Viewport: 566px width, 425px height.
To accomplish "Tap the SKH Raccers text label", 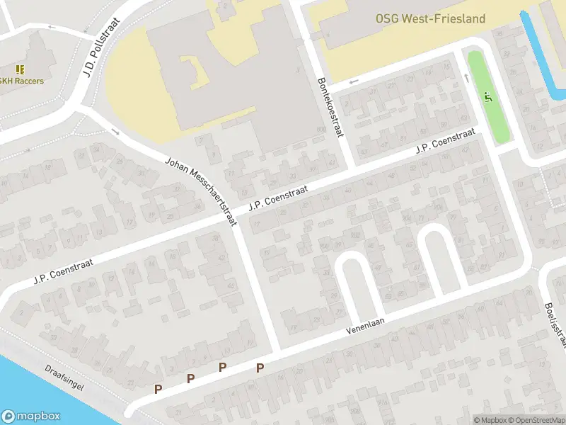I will click(21, 81).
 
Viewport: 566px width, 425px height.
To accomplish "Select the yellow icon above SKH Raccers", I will click(20, 69).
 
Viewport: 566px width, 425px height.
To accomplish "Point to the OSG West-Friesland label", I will click(430, 18).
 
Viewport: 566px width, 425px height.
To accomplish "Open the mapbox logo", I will click(31, 416).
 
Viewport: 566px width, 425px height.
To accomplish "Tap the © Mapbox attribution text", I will click(491, 420).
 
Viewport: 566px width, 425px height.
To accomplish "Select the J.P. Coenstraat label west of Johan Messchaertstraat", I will click(64, 271).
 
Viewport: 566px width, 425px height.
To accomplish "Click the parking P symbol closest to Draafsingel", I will click(158, 389).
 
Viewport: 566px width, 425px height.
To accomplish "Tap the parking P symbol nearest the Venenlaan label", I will click(260, 368).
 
